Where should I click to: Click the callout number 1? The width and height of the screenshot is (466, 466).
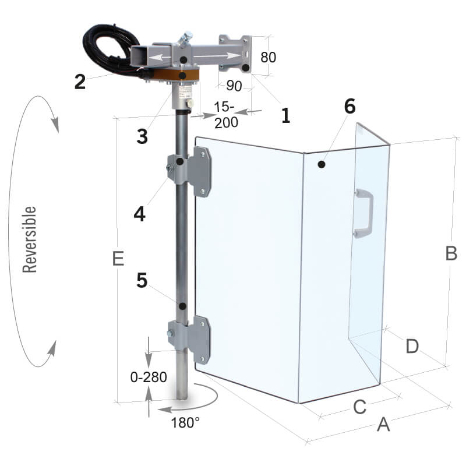285,115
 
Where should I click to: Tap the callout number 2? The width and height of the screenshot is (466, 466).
80,82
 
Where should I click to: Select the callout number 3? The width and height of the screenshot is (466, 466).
142,136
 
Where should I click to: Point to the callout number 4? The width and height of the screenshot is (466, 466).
140,214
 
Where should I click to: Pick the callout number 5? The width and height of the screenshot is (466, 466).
142,280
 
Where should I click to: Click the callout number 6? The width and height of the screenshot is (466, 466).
350,106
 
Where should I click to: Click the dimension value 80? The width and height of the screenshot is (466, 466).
268,57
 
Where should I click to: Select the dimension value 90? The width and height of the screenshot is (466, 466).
234,86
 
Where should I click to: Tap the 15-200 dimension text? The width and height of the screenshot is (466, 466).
226,115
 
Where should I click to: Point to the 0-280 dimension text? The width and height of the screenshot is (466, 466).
149,377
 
